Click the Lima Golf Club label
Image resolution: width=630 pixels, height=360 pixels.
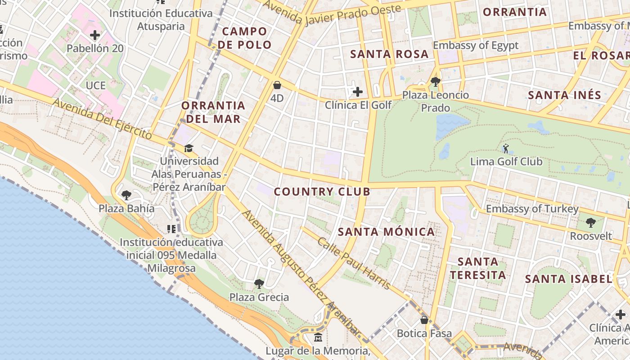[506, 162]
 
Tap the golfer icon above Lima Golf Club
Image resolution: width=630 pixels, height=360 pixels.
[506, 148]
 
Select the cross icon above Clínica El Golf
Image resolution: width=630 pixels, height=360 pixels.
[358, 92]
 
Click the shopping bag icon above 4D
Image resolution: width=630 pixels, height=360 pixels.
[277, 85]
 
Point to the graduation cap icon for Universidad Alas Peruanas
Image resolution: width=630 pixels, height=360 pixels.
[189, 148]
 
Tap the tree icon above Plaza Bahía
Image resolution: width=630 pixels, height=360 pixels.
[126, 195]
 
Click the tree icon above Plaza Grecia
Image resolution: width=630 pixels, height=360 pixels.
[259, 283]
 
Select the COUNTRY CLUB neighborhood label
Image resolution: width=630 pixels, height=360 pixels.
[322, 192]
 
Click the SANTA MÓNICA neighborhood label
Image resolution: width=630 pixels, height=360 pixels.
[386, 232]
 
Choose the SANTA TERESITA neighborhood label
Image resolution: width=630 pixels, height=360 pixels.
[478, 268]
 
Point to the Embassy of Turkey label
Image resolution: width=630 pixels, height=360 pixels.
[532, 209]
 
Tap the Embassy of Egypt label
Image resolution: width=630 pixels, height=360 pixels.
[476, 45]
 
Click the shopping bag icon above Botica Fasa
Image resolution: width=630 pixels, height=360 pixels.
[424, 320]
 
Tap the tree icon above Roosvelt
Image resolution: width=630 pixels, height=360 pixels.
[591, 222]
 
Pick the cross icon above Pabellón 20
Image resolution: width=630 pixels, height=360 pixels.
[95, 35]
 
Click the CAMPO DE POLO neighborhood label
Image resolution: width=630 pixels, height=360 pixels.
[247, 38]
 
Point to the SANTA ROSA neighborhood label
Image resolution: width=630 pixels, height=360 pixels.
[389, 54]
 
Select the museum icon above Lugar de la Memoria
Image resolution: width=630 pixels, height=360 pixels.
[318, 337]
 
